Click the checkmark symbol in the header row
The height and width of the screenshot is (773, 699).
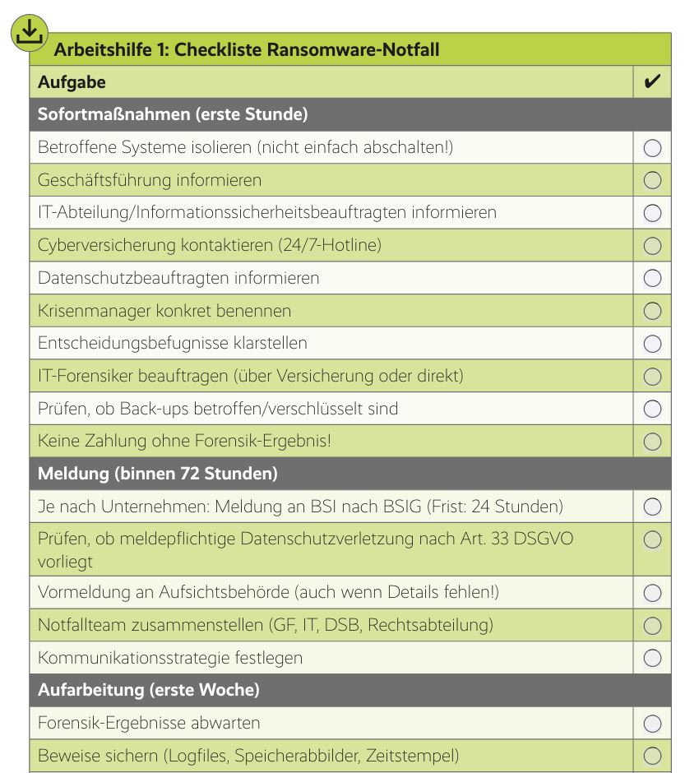(652, 82)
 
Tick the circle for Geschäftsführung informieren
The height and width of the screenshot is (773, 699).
(652, 180)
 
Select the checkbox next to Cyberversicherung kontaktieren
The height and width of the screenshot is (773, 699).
(652, 245)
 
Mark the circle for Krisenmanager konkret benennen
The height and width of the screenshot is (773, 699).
(652, 311)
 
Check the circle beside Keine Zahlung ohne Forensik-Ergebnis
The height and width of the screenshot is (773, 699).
(652, 442)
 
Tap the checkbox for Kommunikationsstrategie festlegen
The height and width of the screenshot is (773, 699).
(652, 658)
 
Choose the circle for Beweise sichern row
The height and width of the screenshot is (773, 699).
(652, 756)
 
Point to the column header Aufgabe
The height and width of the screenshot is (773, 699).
(72, 82)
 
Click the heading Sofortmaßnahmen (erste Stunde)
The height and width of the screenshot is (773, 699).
(173, 114)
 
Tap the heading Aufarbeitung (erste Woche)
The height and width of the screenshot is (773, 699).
(148, 690)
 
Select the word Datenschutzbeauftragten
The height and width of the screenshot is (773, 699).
(120, 278)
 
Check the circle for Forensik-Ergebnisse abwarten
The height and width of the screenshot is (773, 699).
(652, 724)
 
